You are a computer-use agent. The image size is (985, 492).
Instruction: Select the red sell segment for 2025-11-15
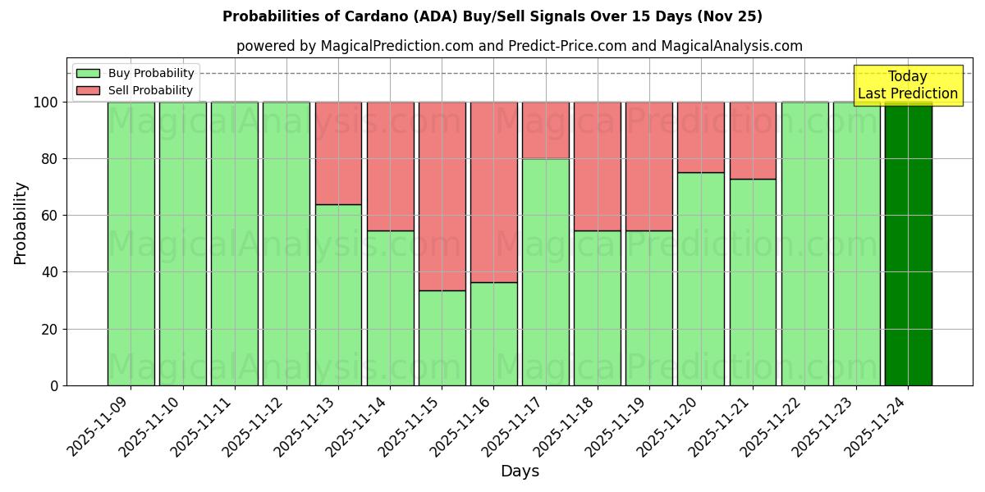442,196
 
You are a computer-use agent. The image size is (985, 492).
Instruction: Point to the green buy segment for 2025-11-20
701,279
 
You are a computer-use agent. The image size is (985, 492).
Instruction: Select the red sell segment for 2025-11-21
753,140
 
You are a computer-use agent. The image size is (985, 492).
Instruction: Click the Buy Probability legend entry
135,73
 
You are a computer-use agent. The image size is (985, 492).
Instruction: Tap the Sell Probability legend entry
135,90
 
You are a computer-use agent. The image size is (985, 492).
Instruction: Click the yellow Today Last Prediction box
907,85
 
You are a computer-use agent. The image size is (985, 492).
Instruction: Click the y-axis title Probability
21,222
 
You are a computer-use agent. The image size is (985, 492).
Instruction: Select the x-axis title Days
520,471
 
